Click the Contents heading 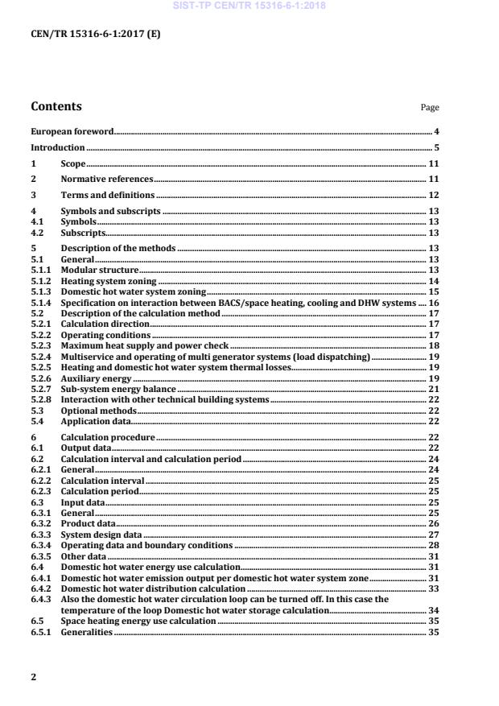coord(56,106)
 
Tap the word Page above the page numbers coord(430,108)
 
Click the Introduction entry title coord(57,147)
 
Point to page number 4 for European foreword coord(436,131)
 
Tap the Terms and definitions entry coord(108,195)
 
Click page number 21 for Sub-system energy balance coord(434,389)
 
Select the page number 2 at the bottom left coord(33,677)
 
